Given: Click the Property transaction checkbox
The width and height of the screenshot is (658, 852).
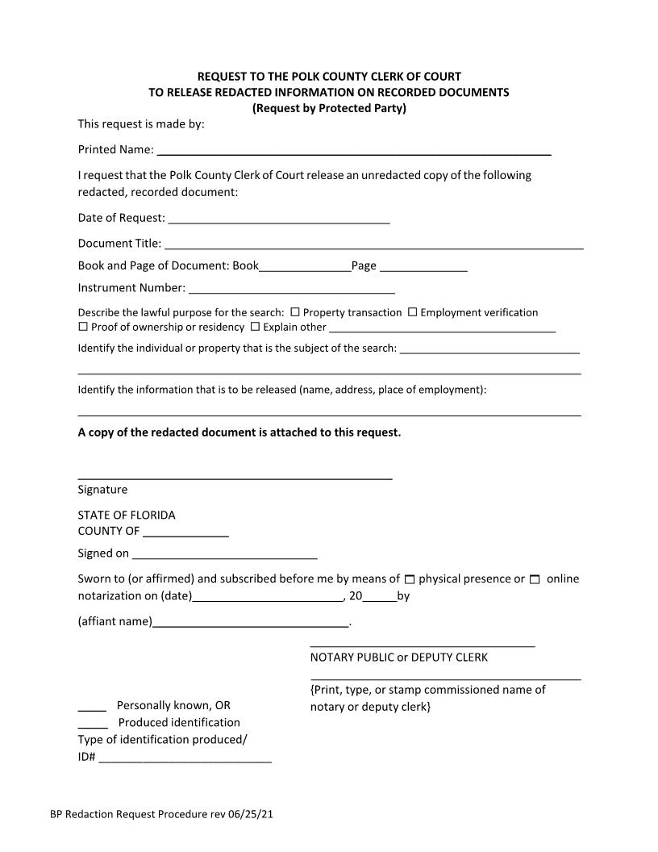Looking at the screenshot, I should (295, 312).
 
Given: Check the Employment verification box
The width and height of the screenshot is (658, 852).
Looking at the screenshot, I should (412, 312).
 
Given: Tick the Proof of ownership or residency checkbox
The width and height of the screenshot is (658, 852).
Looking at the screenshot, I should (83, 327).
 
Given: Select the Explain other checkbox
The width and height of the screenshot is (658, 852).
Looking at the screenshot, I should (255, 327).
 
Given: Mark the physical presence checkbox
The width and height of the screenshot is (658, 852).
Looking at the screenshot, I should (410, 579).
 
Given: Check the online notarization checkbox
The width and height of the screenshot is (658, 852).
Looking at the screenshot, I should (535, 579).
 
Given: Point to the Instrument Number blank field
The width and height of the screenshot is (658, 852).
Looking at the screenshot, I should (291, 287).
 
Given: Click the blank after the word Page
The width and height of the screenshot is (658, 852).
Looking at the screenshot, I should (423, 265).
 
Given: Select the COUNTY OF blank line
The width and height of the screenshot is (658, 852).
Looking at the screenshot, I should (185, 531).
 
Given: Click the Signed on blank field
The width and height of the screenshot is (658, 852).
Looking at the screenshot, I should (224, 553).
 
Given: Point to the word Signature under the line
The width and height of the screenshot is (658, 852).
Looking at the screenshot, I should (102, 490).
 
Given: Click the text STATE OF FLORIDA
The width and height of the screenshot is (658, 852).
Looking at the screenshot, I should (127, 515).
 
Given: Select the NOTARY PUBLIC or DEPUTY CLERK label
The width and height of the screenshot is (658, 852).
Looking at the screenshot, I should (398, 657).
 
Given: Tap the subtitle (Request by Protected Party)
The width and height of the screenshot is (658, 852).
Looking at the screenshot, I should (329, 108).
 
